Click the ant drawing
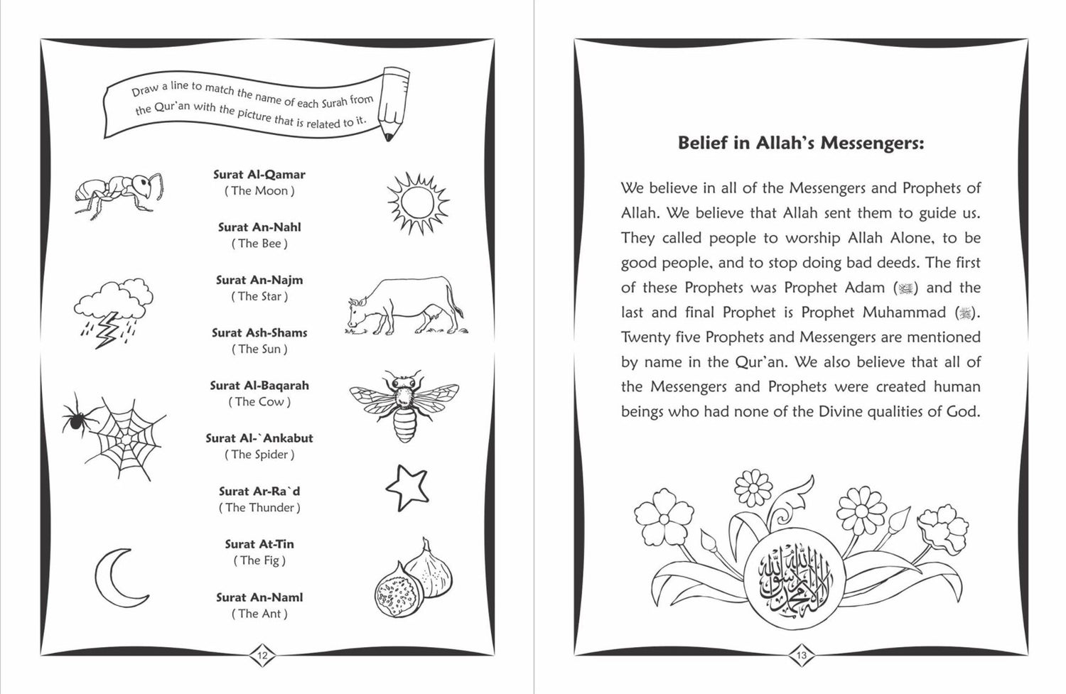(x=119, y=191)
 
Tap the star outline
(x=407, y=487)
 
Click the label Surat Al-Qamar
(x=259, y=174)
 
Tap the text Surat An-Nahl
(x=259, y=227)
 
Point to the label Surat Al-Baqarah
(x=259, y=385)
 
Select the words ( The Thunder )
(x=259, y=507)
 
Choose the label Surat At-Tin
(x=259, y=544)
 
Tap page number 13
(x=801, y=656)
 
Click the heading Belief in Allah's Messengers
(x=801, y=143)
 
